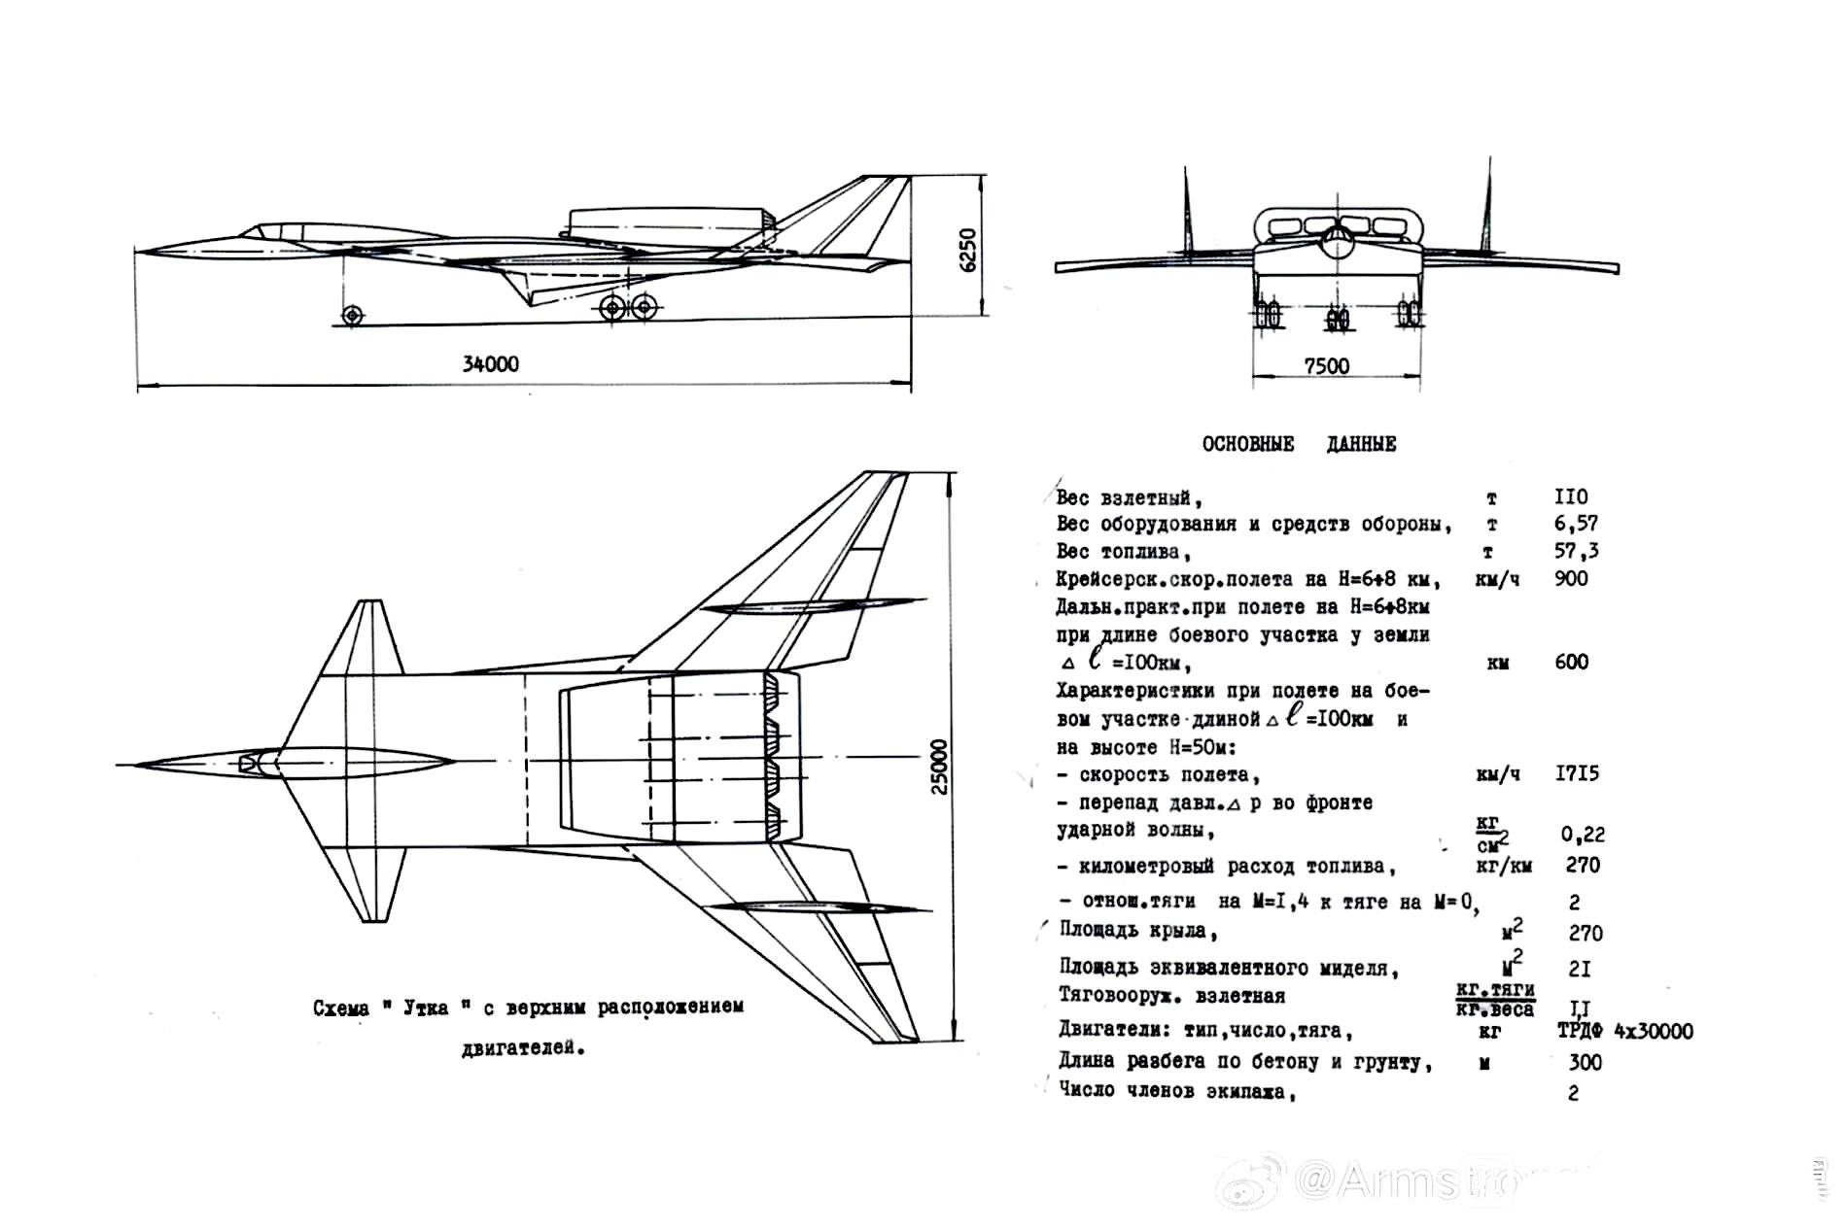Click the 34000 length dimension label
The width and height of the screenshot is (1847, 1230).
490,364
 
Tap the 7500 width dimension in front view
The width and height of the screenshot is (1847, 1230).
1326,366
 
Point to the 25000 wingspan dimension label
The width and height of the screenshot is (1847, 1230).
938,768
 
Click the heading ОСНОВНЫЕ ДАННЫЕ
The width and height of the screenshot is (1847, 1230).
1299,444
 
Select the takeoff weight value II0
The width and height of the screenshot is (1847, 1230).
1571,497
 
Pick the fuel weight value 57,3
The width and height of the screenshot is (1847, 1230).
1576,551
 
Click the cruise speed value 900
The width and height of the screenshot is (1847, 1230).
1571,578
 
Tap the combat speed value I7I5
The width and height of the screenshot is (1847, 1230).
1575,774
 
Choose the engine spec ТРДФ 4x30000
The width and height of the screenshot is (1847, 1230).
1624,1031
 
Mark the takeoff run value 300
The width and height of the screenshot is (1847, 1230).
1585,1062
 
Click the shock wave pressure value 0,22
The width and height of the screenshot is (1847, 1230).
1583,834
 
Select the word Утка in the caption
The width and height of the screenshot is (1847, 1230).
423,1008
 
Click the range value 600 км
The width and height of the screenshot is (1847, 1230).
1571,663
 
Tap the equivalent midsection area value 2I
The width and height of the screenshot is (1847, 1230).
1580,970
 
